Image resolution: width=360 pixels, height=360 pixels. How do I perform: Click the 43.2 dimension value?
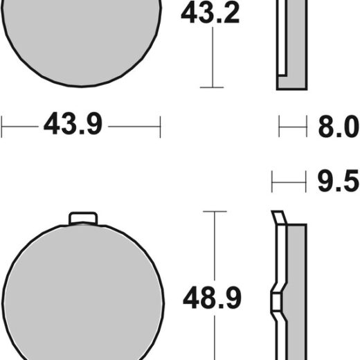click(210, 13)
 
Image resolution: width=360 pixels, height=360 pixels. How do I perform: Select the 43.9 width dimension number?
click(73, 124)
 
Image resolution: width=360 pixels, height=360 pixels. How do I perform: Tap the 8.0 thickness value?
click(339, 127)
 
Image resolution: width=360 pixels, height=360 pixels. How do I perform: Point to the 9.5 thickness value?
click(338, 181)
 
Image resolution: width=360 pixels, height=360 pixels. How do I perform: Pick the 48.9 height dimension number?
click(212, 298)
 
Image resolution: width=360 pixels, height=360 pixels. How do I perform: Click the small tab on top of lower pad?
click(83, 218)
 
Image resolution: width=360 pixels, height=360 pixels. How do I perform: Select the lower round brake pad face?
click(83, 292)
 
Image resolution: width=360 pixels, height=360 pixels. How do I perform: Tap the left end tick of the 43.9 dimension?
click(1, 127)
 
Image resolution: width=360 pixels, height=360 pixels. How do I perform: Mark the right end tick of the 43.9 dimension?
click(160, 127)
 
